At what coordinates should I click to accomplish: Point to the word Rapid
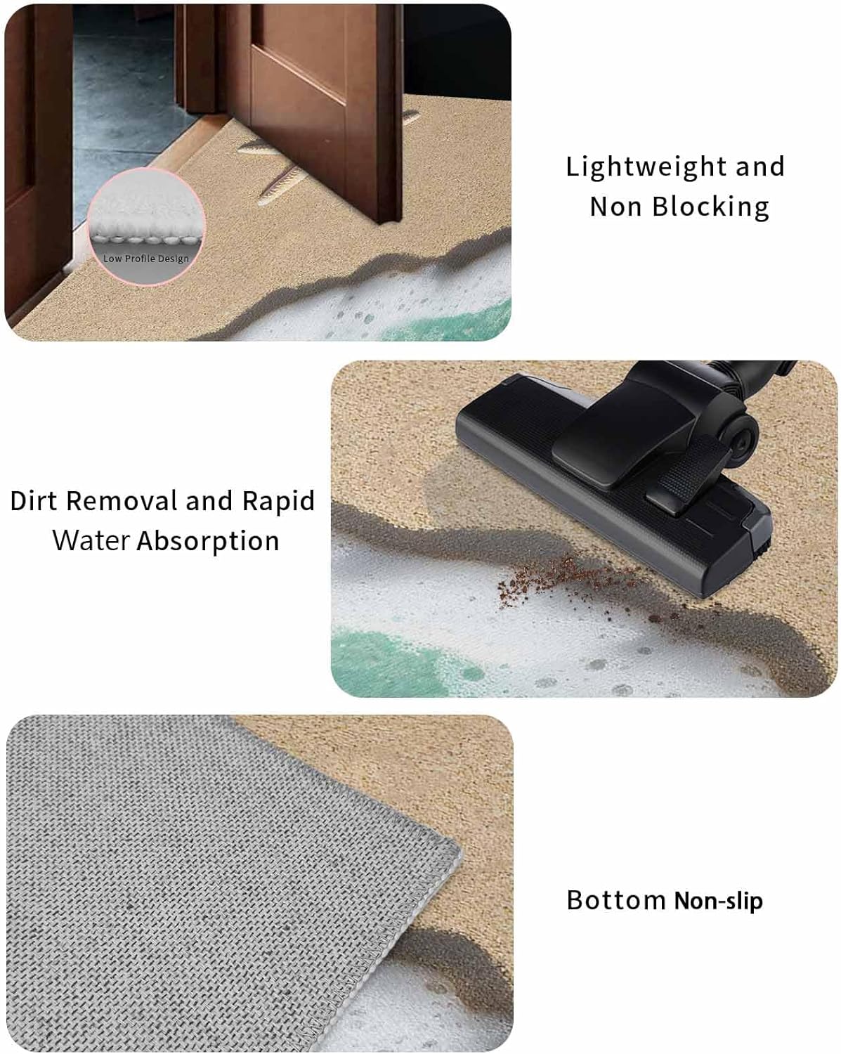278,502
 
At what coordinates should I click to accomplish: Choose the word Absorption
208,542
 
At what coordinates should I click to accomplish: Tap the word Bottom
615,899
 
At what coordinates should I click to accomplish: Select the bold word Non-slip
719,901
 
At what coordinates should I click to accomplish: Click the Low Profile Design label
146,259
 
